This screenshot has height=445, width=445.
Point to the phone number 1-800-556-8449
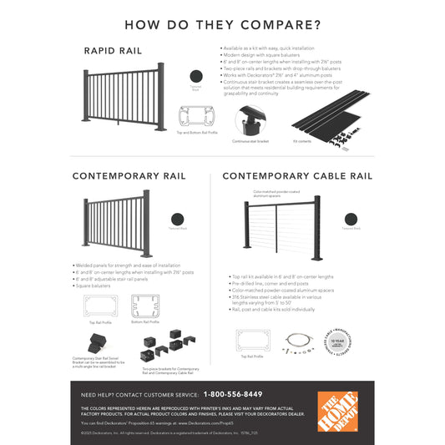click(233, 394)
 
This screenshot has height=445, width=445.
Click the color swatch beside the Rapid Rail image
click(195, 76)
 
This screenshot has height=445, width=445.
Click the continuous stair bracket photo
click(250, 122)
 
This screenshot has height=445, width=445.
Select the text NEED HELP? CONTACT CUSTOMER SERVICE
click(138, 394)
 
